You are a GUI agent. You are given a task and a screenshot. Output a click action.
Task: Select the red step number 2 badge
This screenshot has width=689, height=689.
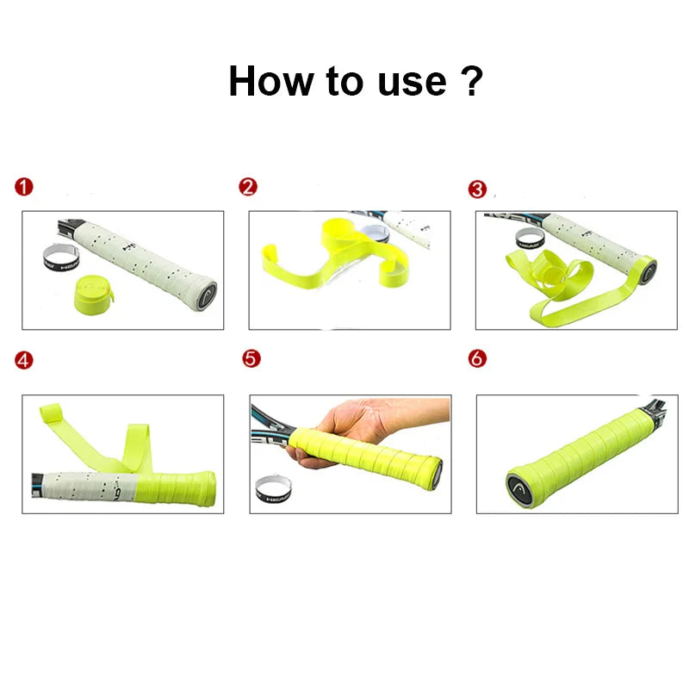click(248, 187)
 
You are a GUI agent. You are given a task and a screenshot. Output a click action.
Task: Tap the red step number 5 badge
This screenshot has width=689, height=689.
click(251, 358)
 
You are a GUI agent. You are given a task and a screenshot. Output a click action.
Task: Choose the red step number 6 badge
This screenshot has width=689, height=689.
click(477, 358)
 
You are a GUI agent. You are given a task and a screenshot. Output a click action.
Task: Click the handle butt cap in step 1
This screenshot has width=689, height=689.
click(207, 291)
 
